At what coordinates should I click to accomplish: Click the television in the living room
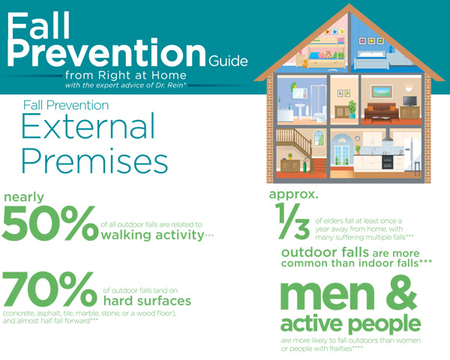(x=410, y=100)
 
